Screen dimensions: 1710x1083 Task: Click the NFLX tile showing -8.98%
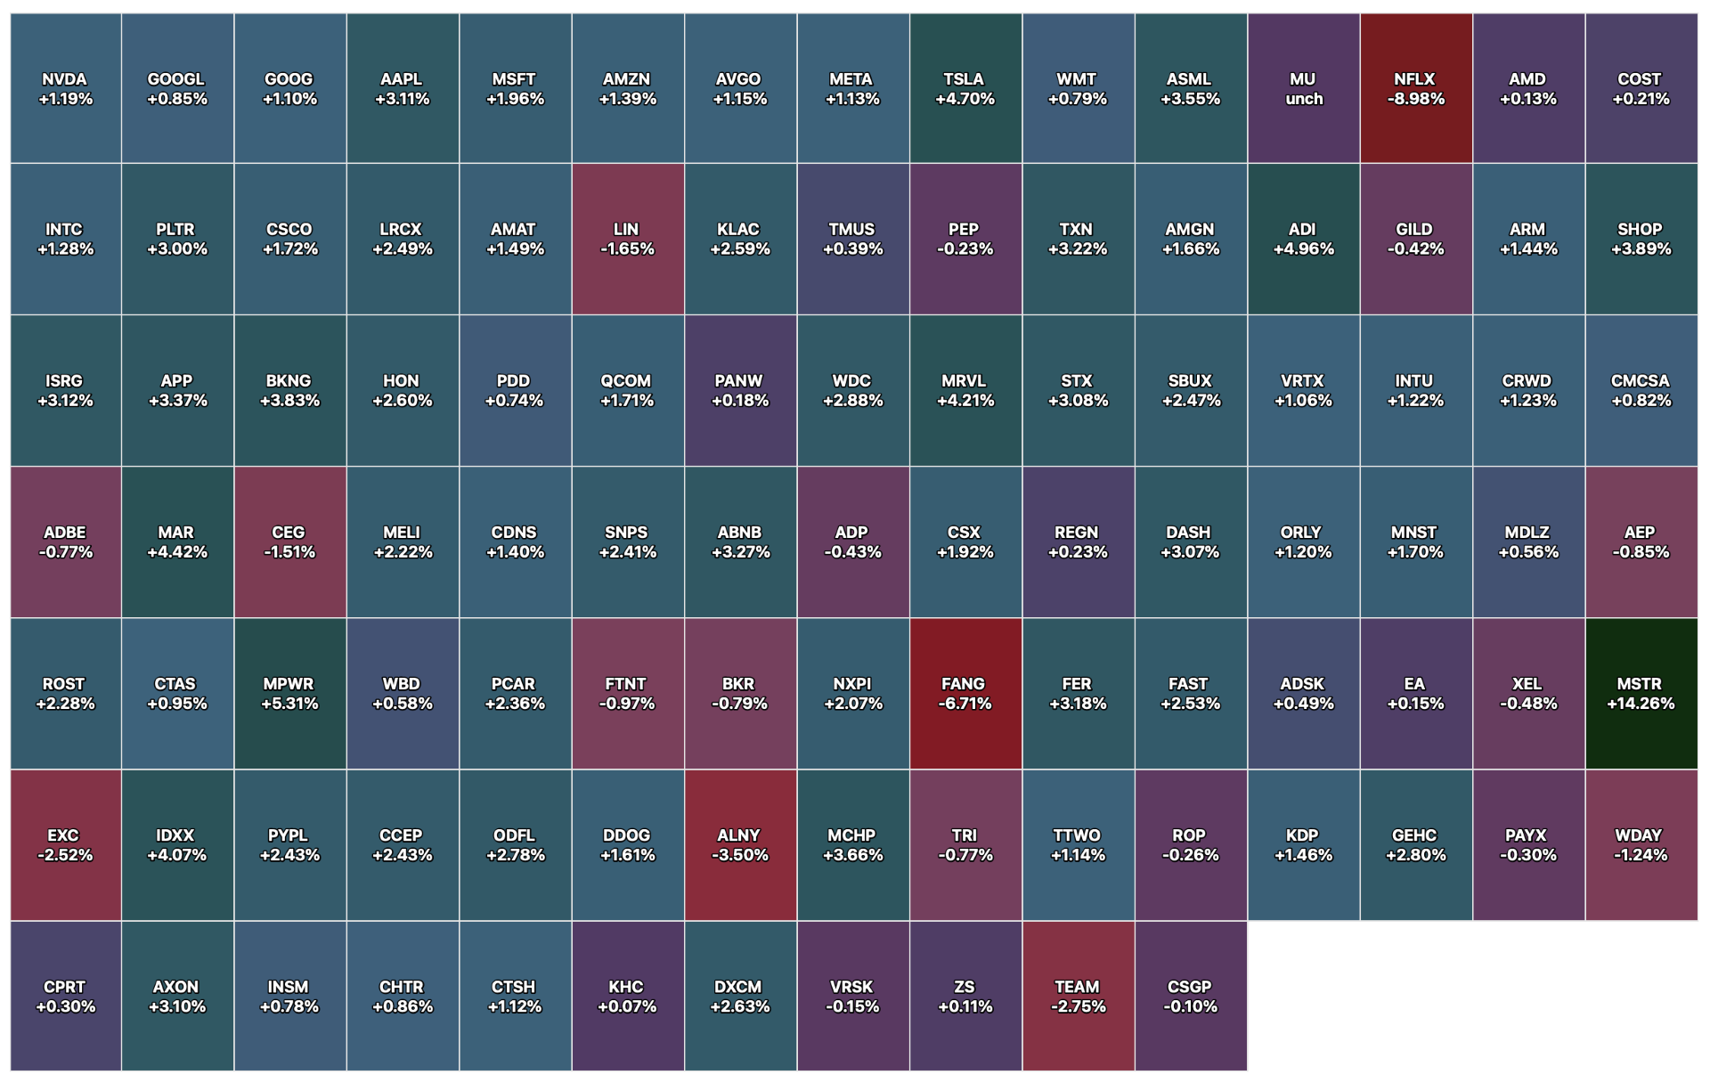[1416, 88]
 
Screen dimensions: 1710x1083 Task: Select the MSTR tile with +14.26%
[1641, 694]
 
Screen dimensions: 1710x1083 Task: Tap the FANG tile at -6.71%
[965, 694]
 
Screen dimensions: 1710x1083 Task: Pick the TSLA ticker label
[964, 79]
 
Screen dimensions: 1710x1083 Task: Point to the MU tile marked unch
[1304, 88]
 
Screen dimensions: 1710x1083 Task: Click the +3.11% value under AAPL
[403, 99]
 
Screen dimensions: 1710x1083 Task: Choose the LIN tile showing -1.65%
[628, 239]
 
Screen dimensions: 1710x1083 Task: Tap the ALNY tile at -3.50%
[740, 845]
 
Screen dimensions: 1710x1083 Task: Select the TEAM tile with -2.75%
[1079, 996]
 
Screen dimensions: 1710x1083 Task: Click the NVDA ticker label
[65, 79]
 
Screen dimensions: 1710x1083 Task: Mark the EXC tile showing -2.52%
[66, 845]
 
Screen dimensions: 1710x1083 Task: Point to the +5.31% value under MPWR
[289, 704]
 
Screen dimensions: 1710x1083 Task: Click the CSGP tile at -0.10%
[1191, 996]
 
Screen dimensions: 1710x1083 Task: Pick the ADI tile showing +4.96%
[1304, 239]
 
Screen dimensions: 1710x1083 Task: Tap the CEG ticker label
[289, 533]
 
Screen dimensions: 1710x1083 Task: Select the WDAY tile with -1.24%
[1641, 845]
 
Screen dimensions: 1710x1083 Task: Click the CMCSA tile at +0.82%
[1641, 390]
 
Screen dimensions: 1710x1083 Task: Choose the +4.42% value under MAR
[177, 552]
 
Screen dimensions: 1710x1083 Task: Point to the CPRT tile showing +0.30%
[66, 996]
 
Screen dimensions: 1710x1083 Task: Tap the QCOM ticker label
[626, 381]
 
